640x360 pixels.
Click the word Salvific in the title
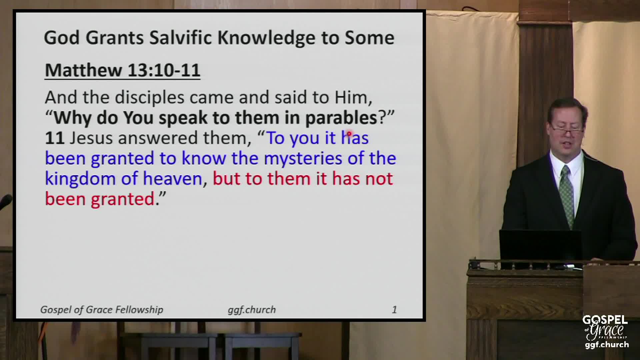181,37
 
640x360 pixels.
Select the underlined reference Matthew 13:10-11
122,70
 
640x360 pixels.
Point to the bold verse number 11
54,138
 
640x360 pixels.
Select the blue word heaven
172,179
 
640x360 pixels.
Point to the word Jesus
91,138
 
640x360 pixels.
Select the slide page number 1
394,310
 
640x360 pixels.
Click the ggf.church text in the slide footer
252,310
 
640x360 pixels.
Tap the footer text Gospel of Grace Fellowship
102,310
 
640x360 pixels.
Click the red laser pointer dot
349,134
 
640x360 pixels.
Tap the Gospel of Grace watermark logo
606,332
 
